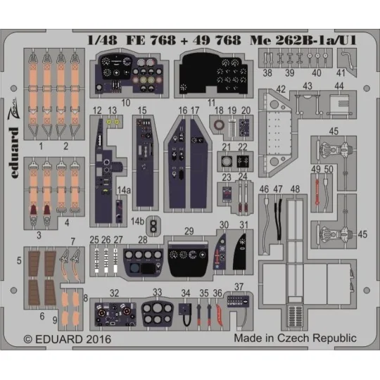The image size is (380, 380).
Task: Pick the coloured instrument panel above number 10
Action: pos(131,75)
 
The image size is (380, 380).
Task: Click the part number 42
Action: pos(281,88)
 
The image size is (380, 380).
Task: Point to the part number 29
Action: pos(188,231)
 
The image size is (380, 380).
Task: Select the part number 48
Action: pos(296,189)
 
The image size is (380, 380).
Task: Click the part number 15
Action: pos(142,110)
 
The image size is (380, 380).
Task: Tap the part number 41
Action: pos(341,73)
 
